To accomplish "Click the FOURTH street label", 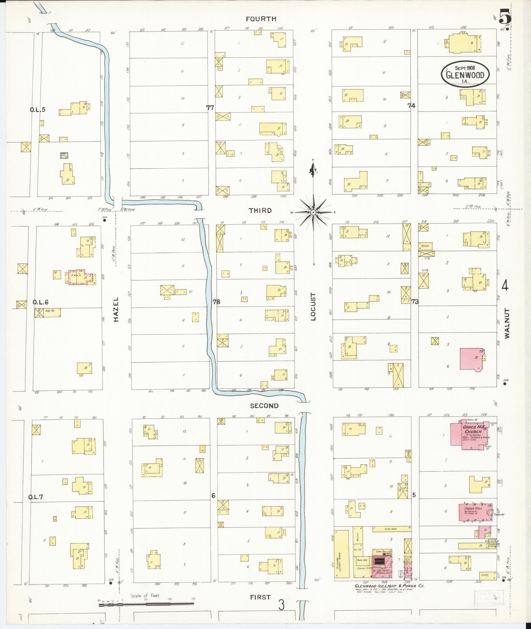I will (x=261, y=19).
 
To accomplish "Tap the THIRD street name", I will (x=260, y=211).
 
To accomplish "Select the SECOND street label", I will (x=264, y=406).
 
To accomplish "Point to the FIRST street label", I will (x=260, y=597).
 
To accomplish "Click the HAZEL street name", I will (x=116, y=309).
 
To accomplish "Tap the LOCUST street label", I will (x=313, y=306).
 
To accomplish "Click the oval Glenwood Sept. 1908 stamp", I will (x=465, y=74).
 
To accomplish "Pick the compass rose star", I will (x=313, y=212).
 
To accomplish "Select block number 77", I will (x=210, y=107).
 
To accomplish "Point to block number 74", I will (x=411, y=106).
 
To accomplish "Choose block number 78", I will (x=216, y=302).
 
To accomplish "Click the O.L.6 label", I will (x=40, y=302).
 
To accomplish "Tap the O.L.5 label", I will (x=38, y=109).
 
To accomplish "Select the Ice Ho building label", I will (x=50, y=310).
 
